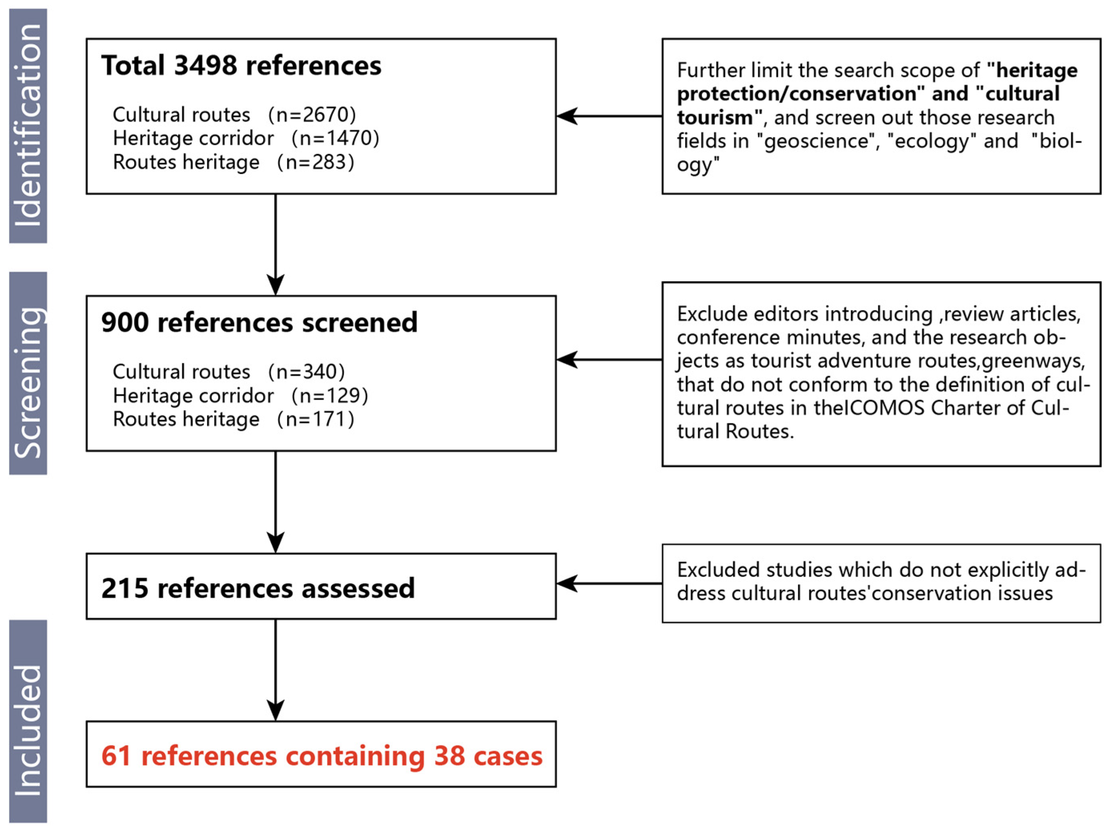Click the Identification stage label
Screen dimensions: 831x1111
(28, 126)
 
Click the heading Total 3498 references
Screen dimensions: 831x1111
(241, 66)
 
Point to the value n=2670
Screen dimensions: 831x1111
(312, 115)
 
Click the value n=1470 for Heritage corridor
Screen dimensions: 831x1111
(335, 138)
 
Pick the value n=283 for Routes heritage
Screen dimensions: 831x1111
(316, 162)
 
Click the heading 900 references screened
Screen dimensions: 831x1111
(259, 322)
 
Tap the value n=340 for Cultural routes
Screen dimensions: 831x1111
(307, 372)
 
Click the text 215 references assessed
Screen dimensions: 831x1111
(258, 588)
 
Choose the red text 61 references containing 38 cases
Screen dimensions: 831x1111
(322, 756)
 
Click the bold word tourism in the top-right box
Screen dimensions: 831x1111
(715, 117)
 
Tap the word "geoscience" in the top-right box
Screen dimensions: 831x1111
(816, 141)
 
